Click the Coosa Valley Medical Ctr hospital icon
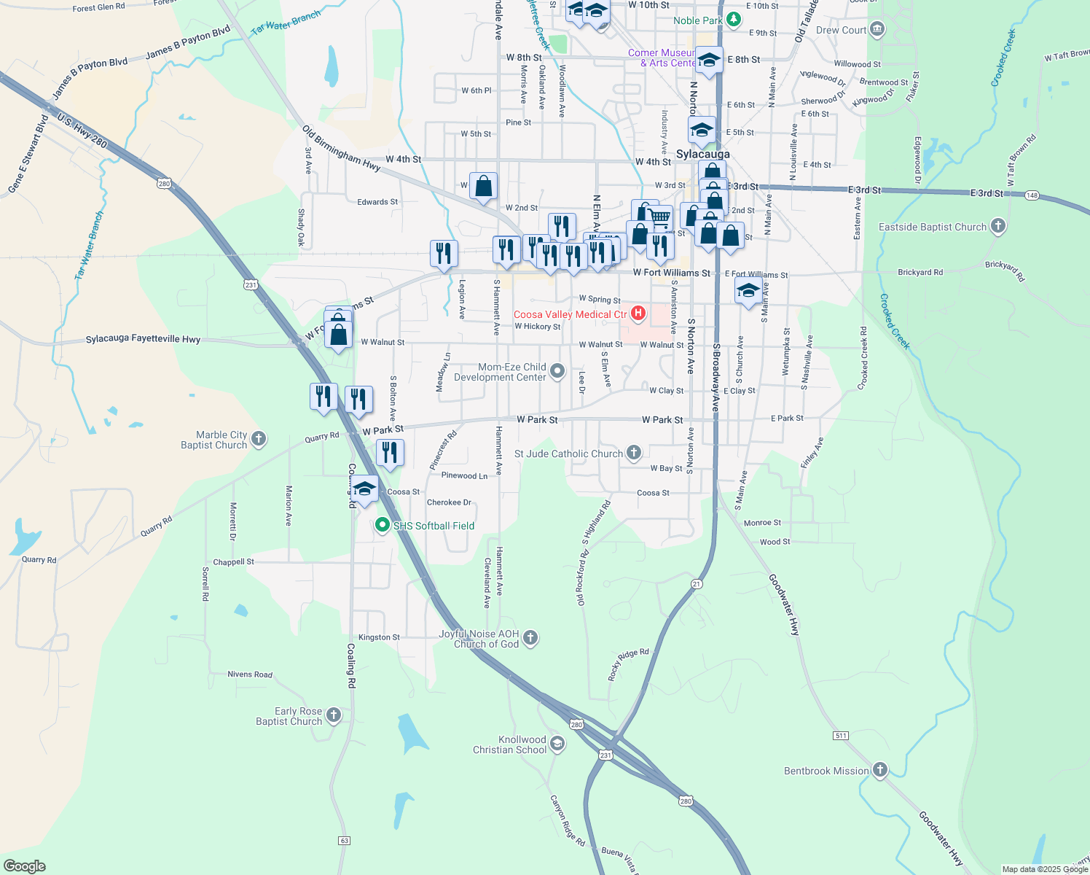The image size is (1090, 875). click(638, 314)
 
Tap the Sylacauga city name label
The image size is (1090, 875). click(702, 155)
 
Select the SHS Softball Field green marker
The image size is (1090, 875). click(382, 525)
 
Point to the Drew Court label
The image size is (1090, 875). click(841, 30)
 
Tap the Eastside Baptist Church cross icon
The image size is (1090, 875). click(998, 227)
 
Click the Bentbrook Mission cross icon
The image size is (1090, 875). click(880, 770)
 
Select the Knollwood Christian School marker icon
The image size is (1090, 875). click(557, 744)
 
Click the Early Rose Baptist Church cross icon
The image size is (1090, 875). click(334, 715)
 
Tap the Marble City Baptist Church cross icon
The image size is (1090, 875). click(259, 439)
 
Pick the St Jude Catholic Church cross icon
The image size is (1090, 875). click(634, 453)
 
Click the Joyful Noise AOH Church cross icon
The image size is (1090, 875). click(530, 638)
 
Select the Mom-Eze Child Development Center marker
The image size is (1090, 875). click(557, 371)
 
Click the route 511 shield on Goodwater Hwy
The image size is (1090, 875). click(842, 736)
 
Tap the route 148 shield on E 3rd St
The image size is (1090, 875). click(1032, 195)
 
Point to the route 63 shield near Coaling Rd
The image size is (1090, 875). click(345, 841)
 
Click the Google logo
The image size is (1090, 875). click(25, 866)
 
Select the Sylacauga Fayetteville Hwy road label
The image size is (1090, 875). click(143, 339)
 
